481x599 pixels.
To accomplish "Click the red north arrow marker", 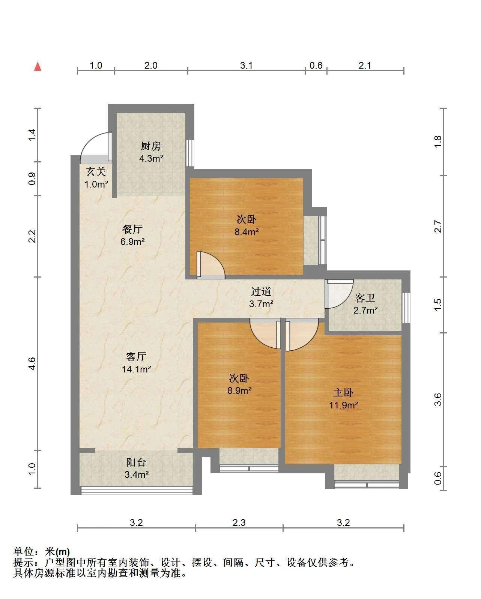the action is pyautogui.click(x=38, y=67).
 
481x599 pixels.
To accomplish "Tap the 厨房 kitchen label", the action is pyautogui.click(x=151, y=146).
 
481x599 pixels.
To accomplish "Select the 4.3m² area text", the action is pyautogui.click(x=151, y=158).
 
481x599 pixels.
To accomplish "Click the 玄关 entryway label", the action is pyautogui.click(x=96, y=172).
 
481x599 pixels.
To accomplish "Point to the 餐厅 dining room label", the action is pyautogui.click(x=132, y=229).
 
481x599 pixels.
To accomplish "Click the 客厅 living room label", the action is pyautogui.click(x=136, y=357).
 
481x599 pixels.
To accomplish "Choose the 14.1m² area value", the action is pyautogui.click(x=137, y=369).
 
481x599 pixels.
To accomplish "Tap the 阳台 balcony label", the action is pyautogui.click(x=136, y=462).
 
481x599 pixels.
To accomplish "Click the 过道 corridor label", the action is pyautogui.click(x=261, y=291).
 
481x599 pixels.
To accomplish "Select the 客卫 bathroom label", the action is pyautogui.click(x=365, y=298).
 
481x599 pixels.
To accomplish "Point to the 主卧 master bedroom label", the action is pyautogui.click(x=343, y=393).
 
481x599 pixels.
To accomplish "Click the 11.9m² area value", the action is pyautogui.click(x=344, y=405).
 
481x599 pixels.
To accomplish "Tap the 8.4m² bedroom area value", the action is pyautogui.click(x=247, y=232).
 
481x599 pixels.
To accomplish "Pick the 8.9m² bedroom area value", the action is pyautogui.click(x=239, y=390).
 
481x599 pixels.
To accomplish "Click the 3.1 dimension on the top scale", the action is pyautogui.click(x=247, y=65).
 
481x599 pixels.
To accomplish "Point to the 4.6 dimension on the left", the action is pyautogui.click(x=32, y=364).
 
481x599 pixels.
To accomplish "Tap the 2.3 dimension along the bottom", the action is pyautogui.click(x=239, y=523).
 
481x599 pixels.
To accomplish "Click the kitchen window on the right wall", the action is pyautogui.click(x=190, y=153).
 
